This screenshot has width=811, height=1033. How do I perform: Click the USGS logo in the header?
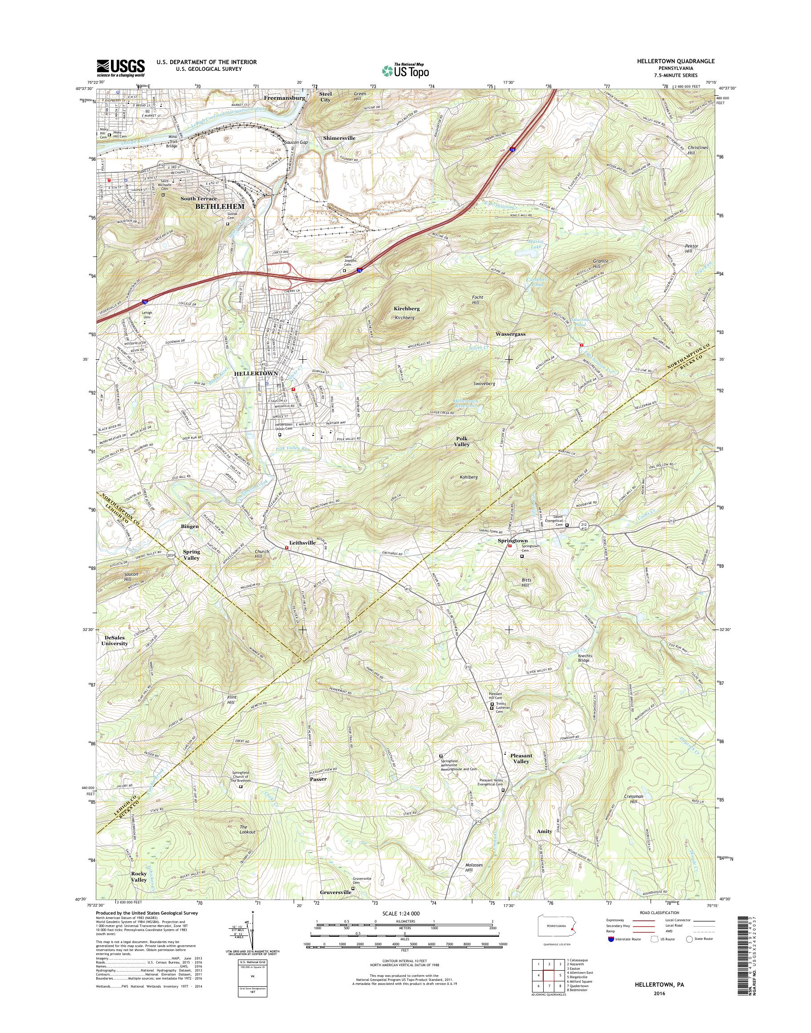tap(121, 68)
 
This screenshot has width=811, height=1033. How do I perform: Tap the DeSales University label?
tap(115, 641)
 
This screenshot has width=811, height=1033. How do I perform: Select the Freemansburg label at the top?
tap(284, 98)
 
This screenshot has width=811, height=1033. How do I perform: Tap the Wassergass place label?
tap(510, 334)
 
